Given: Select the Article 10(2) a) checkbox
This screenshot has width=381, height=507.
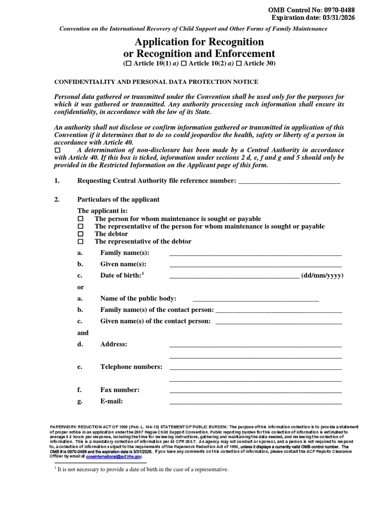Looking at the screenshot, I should coord(184,64).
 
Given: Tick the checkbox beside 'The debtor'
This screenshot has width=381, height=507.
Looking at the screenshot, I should coord(81,234).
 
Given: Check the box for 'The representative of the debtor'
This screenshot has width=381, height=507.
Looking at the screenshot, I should coord(81,242).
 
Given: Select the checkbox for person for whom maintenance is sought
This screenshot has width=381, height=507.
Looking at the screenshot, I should coord(81,219).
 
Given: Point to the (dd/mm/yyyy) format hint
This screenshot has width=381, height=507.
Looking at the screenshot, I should coord(322,276).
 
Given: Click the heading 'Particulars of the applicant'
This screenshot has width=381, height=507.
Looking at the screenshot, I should coord(118,200).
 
